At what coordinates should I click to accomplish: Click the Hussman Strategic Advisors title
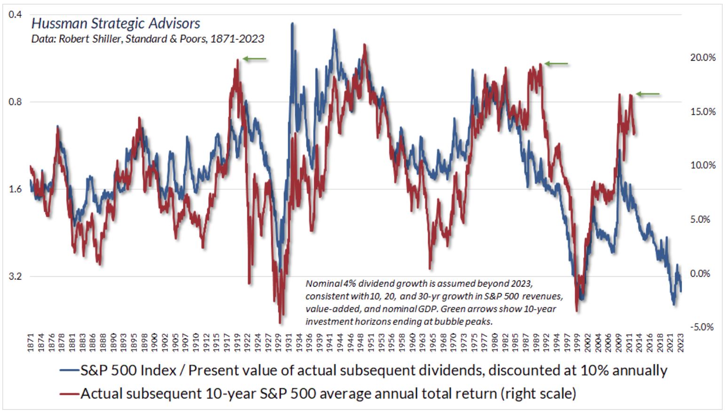(x=116, y=24)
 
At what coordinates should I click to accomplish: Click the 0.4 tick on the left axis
(x=16, y=15)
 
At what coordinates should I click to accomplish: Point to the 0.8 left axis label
(x=16, y=102)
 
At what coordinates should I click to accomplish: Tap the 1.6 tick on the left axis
(x=16, y=189)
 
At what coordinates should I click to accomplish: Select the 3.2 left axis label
(x=16, y=276)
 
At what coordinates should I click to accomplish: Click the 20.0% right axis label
(x=702, y=58)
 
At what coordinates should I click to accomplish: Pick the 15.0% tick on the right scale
(x=702, y=112)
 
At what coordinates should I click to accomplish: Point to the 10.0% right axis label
(x=702, y=166)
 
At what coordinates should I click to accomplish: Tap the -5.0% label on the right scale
(x=701, y=327)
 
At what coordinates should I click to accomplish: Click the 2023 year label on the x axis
(x=679, y=343)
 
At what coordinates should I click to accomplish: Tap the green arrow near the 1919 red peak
(x=255, y=59)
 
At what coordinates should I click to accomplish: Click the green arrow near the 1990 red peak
(x=556, y=64)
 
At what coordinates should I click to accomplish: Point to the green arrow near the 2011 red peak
(x=648, y=94)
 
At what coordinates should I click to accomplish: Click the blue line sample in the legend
(x=70, y=371)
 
